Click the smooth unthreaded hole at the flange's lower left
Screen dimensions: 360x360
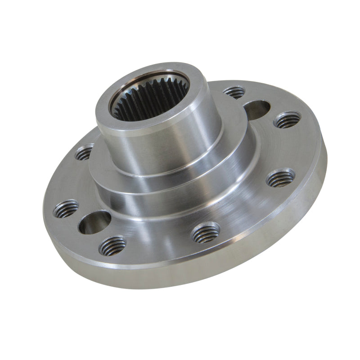(94, 222)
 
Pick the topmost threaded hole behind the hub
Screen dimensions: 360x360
(234, 92)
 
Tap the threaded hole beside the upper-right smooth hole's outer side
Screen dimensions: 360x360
(287, 120)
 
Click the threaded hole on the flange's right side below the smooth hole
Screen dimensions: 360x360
(280, 178)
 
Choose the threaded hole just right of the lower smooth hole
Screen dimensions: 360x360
(112, 245)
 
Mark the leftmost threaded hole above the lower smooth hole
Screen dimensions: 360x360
(66, 208)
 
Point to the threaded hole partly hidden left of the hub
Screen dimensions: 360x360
(85, 153)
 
